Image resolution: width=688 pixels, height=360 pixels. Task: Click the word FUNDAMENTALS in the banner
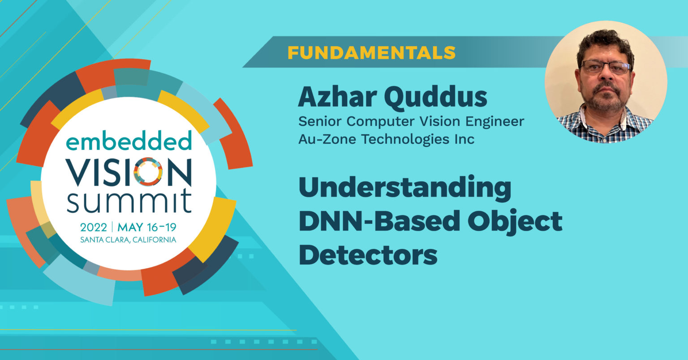371,53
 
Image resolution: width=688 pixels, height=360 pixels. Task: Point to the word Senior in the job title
321,121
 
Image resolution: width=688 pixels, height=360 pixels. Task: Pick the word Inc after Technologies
463,139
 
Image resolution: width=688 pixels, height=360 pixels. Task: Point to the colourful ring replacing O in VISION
147,171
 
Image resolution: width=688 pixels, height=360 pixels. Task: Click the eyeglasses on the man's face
606,67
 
